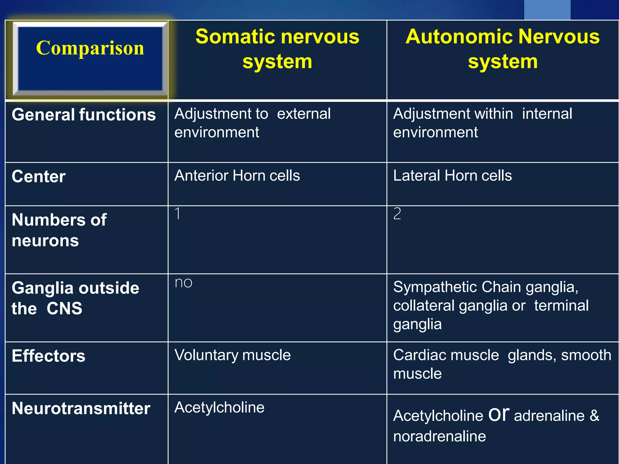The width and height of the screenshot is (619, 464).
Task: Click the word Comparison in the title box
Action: tap(90, 48)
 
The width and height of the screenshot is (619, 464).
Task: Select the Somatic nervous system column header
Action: tap(277, 49)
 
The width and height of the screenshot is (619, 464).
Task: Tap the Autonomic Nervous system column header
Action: tap(502, 49)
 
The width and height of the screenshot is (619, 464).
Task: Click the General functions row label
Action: tap(84, 115)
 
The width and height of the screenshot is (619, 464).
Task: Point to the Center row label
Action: tap(38, 177)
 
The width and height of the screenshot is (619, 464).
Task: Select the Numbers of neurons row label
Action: tap(59, 230)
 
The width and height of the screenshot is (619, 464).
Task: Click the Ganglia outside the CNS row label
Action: tap(75, 298)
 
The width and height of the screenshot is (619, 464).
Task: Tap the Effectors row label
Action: tap(48, 356)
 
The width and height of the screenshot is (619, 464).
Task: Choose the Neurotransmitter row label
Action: tap(81, 409)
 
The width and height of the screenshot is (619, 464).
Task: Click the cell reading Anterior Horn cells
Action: tap(237, 176)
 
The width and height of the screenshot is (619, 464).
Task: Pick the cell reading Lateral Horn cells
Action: tap(452, 176)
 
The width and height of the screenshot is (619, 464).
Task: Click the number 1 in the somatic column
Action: tap(178, 214)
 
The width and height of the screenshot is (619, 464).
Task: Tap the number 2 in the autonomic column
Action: tap(397, 214)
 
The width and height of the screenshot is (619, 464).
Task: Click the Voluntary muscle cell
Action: tap(232, 355)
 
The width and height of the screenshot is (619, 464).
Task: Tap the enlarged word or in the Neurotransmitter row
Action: tap(498, 414)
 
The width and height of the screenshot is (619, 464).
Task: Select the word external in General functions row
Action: tap(303, 114)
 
